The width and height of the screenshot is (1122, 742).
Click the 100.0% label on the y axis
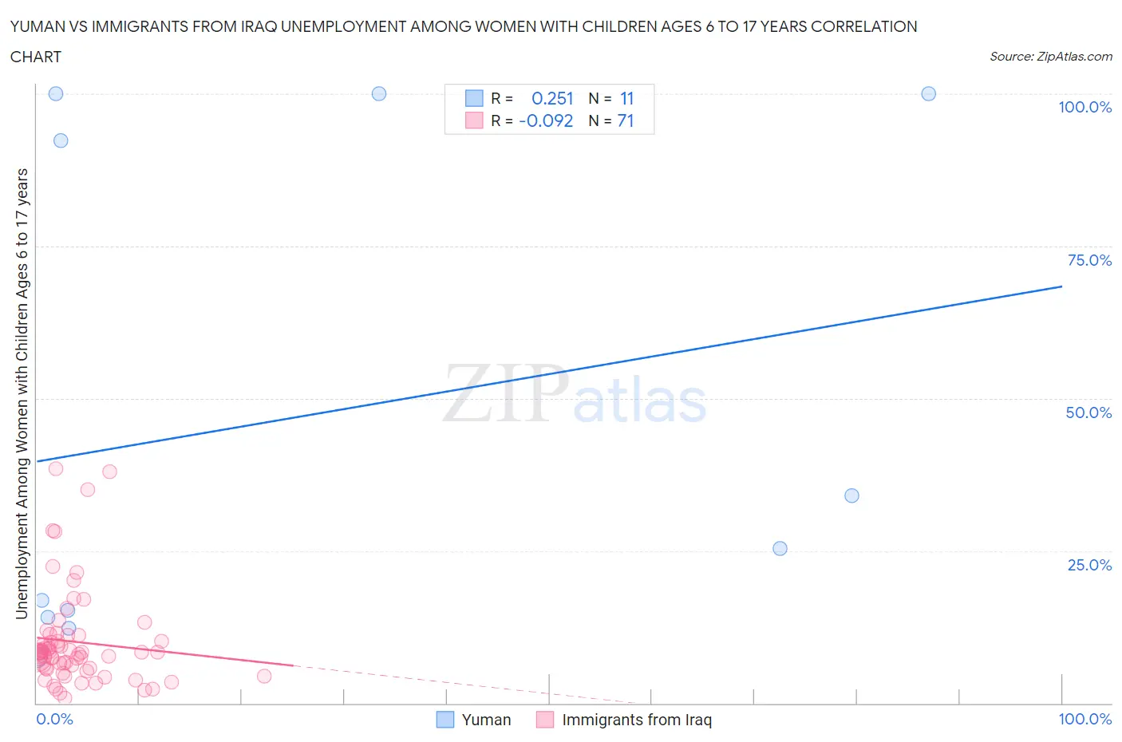coord(1084,108)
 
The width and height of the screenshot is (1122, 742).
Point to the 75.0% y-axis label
coord(1089,260)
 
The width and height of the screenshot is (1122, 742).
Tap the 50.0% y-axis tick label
coord(1088,412)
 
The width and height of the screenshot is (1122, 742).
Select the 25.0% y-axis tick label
coord(1089,565)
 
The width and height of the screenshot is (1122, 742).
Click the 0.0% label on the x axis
coord(54,719)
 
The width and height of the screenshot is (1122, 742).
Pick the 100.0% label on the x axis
coord(1084,719)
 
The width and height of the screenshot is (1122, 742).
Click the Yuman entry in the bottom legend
coord(486,720)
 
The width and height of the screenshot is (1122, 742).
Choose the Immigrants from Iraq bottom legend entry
coord(636,720)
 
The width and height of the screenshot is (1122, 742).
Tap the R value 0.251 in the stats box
coord(552,98)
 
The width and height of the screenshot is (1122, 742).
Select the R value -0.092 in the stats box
coord(546,120)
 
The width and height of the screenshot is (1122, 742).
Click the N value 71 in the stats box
coord(626,120)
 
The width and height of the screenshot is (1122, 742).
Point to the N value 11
coord(626,98)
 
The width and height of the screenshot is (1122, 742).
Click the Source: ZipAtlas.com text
coord(1050,57)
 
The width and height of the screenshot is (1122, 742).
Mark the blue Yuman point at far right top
coord(928,93)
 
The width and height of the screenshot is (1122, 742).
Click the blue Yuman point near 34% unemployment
coord(851,495)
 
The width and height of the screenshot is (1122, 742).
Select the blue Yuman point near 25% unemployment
coord(780,548)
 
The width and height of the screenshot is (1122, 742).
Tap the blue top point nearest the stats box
coord(379,93)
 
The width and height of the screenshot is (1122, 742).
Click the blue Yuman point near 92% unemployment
coord(61,140)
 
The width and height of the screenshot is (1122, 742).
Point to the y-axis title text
coord(22,393)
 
